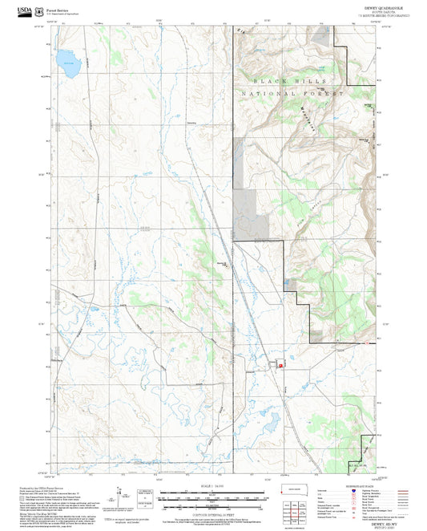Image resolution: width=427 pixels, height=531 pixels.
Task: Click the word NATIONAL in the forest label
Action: pyautogui.click(x=268, y=95)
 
